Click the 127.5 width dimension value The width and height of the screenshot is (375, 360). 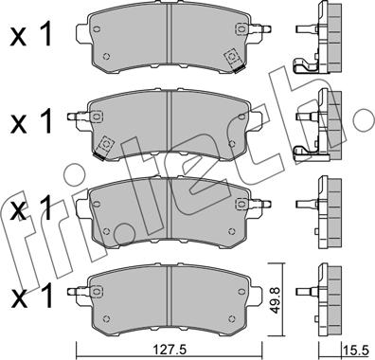click(x=170, y=350)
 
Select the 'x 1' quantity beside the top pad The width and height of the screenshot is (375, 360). click(x=30, y=35)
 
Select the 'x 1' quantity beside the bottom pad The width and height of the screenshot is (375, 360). click(x=30, y=297)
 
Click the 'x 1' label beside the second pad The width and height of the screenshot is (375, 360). click(x=30, y=121)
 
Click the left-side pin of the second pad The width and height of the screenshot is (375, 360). click(x=79, y=117)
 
